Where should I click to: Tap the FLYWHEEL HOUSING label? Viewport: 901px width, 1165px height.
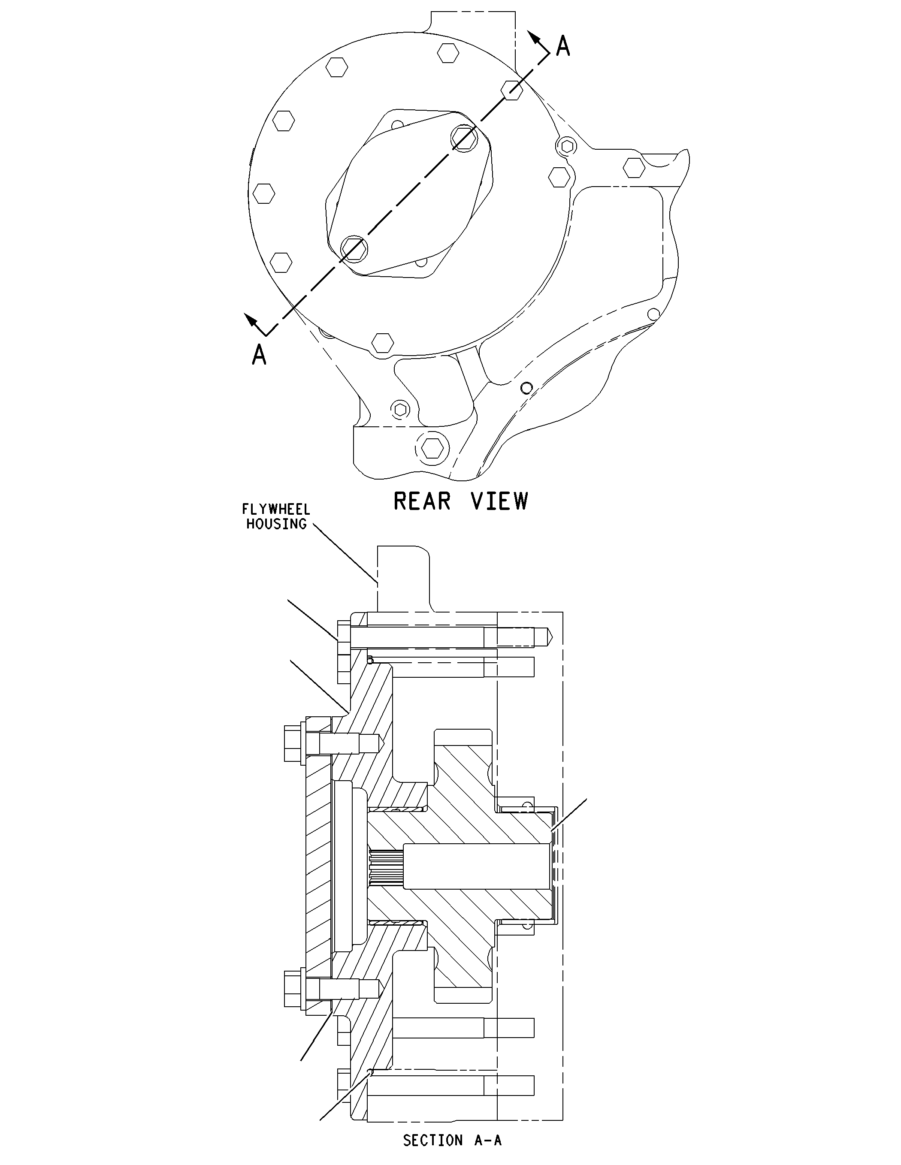276,516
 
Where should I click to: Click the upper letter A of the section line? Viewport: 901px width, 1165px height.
563,46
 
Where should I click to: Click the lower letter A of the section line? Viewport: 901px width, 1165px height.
259,354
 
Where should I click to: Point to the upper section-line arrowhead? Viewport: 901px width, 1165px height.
533,37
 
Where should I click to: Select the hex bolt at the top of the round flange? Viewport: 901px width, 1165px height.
448,53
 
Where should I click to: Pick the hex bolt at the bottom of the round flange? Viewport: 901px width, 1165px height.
382,342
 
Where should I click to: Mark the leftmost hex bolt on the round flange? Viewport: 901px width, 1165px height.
263,193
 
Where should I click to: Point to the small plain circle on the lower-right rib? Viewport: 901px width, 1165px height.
526,388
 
